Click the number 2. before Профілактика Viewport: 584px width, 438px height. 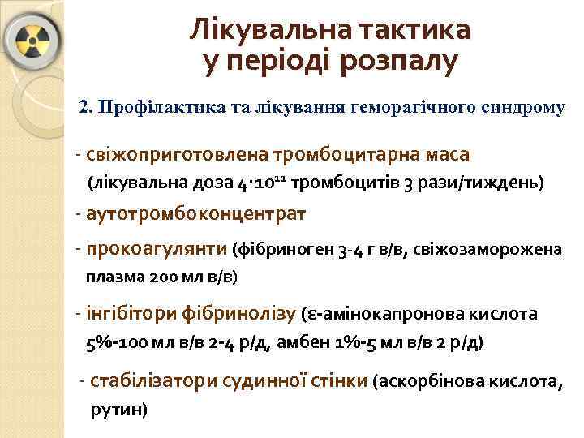(x=88, y=107)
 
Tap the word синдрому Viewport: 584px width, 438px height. (x=518, y=107)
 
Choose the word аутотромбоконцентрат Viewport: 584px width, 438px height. (x=195, y=215)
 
